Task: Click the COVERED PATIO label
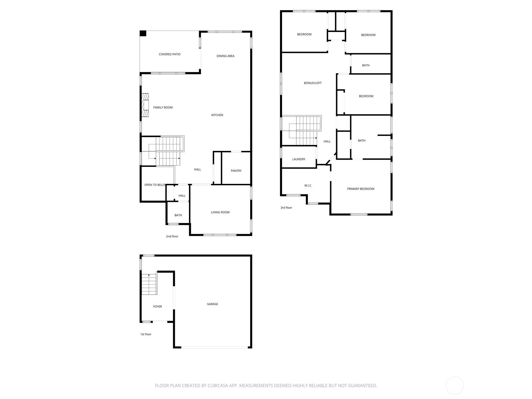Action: click(x=170, y=54)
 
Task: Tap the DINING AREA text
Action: click(x=225, y=56)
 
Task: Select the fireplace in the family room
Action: click(x=145, y=105)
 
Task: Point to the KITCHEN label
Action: click(x=217, y=115)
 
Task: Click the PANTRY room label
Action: click(x=236, y=171)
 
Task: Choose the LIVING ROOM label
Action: click(x=220, y=212)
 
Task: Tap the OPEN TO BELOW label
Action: click(x=155, y=185)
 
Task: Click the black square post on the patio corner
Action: click(x=143, y=34)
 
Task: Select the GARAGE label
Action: click(x=212, y=304)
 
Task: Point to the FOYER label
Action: click(x=158, y=307)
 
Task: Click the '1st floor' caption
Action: click(x=146, y=334)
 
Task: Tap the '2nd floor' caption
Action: click(x=172, y=236)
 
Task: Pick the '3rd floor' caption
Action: click(x=286, y=207)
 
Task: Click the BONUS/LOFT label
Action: click(x=313, y=83)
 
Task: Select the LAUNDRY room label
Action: click(x=299, y=159)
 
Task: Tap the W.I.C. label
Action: click(x=308, y=186)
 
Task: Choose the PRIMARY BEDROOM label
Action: click(x=360, y=189)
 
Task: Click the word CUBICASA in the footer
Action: click(x=218, y=385)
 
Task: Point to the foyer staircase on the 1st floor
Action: click(x=149, y=284)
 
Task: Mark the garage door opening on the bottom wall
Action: click(x=214, y=347)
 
